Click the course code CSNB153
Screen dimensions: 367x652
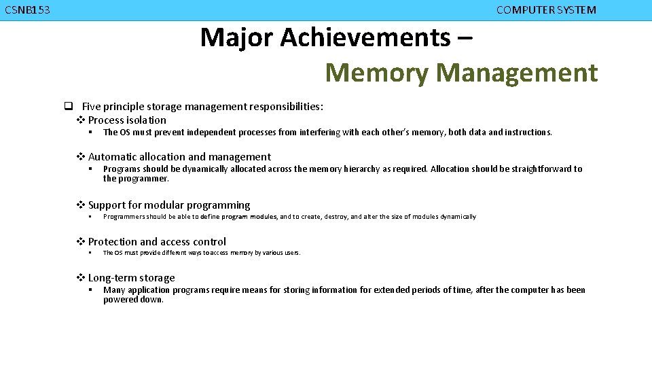26,10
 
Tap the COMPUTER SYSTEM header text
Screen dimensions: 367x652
546,10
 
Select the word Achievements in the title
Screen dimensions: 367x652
365,37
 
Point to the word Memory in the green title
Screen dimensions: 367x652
377,72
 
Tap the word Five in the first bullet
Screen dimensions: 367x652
92,106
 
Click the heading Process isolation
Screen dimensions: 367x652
127,120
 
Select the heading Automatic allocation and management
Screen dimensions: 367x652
179,157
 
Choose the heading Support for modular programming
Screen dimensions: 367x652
169,205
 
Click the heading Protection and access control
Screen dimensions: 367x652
157,242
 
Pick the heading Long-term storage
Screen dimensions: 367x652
131,278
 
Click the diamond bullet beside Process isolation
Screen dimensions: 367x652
80,120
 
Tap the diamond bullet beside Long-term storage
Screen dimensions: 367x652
80,278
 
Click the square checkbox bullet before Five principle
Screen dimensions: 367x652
69,106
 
